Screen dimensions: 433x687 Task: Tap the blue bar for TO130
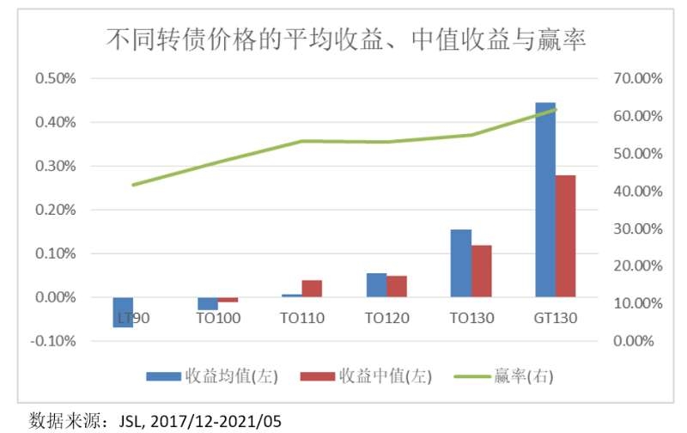click(461, 263)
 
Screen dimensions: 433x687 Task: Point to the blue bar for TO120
click(377, 285)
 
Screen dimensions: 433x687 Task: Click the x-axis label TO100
click(218, 318)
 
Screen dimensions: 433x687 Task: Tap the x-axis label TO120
click(386, 318)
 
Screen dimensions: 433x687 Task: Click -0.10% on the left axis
click(54, 341)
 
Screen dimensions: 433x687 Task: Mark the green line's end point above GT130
click(556, 109)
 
